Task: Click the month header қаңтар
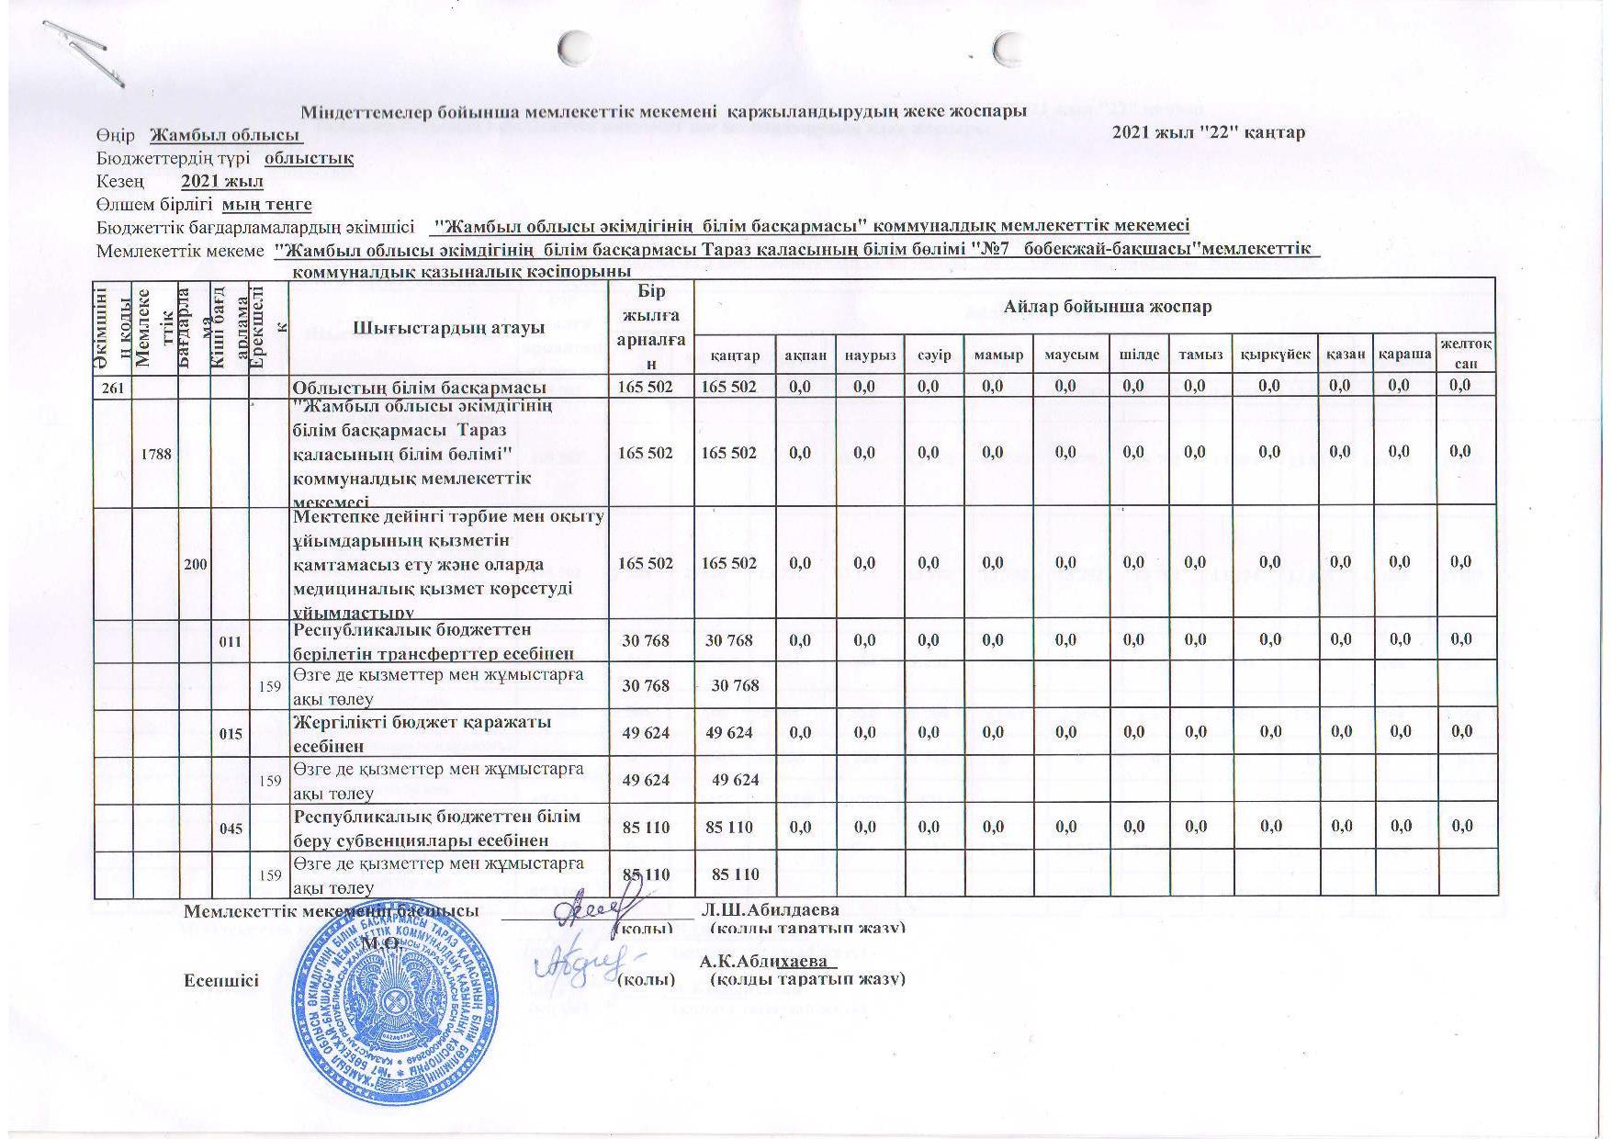click(x=735, y=355)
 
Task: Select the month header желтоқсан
click(x=1465, y=355)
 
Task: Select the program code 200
click(x=196, y=562)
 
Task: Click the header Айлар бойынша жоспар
click(x=1095, y=307)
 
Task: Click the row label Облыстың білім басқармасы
click(x=419, y=387)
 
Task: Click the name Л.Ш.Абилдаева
click(x=769, y=910)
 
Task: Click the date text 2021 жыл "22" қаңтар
click(x=1208, y=132)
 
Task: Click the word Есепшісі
click(x=221, y=980)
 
